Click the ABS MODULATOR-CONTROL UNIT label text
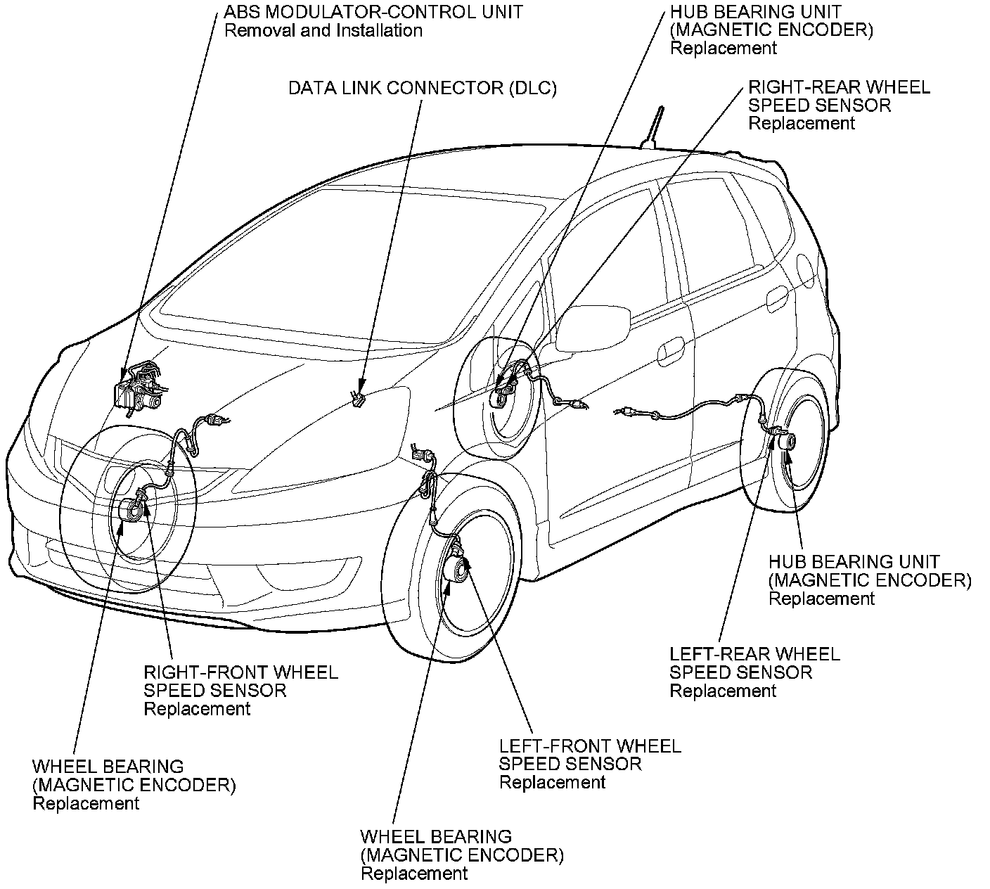(x=373, y=12)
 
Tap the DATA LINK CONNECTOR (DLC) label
(x=423, y=88)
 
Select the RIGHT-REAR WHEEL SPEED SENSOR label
(x=839, y=105)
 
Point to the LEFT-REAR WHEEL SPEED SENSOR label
(x=754, y=672)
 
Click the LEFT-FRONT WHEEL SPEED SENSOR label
(x=590, y=763)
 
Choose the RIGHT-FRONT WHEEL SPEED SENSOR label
(x=240, y=690)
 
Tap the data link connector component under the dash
(x=358, y=399)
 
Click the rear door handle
(x=776, y=300)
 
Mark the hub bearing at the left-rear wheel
(x=786, y=442)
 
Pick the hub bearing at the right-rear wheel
(x=501, y=398)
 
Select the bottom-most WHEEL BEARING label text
(x=436, y=837)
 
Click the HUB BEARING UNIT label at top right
(x=756, y=12)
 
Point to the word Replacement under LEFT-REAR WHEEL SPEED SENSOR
(x=723, y=691)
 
